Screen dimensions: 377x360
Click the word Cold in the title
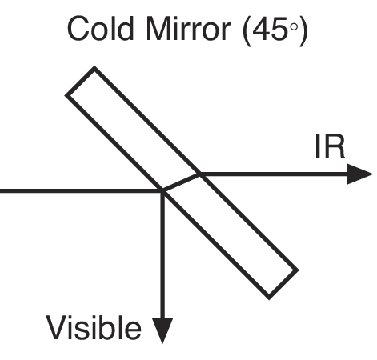[100, 28]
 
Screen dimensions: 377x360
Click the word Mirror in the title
[188, 28]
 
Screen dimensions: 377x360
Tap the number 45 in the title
[270, 29]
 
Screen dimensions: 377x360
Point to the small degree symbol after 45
[294, 27]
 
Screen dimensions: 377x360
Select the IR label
[331, 146]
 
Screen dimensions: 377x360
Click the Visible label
[94, 327]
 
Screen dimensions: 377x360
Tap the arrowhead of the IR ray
[359, 174]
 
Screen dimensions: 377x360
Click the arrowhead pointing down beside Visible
[162, 331]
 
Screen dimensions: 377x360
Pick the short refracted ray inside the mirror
[182, 182]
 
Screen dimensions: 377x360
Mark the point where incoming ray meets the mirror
[163, 191]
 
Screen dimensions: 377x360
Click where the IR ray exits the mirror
[200, 174]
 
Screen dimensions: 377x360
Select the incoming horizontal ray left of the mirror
[82, 191]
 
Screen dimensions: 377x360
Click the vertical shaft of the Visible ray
[162, 254]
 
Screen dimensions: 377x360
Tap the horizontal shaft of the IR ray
[274, 174]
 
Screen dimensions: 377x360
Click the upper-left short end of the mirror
[80, 81]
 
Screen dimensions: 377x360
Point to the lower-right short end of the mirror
[283, 284]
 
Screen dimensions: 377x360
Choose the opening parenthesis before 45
[247, 30]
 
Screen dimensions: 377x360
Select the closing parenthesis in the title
[303, 30]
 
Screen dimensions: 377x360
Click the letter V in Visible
[57, 328]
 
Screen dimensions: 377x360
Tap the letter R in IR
[335, 146]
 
